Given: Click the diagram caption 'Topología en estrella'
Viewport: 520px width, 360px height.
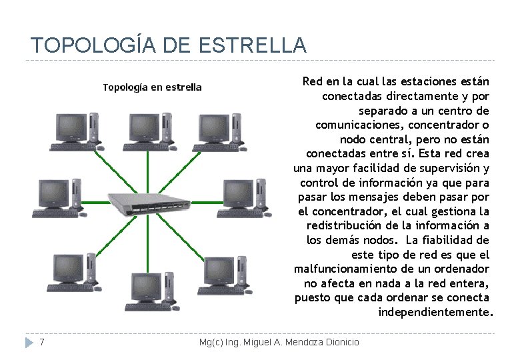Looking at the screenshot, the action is (x=152, y=87).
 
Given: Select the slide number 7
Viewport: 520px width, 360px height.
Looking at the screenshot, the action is (x=42, y=342).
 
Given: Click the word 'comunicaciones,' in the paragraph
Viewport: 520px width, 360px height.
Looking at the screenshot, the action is (x=359, y=125).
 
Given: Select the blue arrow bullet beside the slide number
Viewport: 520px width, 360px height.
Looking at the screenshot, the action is (x=29, y=343).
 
